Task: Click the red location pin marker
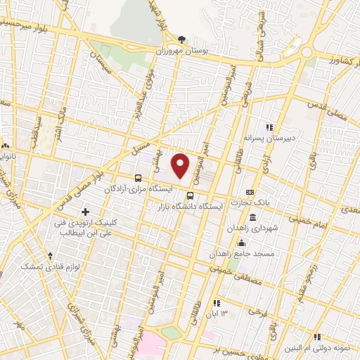tap(181, 165)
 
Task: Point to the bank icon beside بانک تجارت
tap(250, 192)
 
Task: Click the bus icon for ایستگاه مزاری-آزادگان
tap(139, 178)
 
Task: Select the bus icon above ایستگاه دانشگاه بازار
tap(190, 195)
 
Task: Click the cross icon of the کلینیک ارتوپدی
tap(86, 212)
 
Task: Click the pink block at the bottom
tap(152, 345)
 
